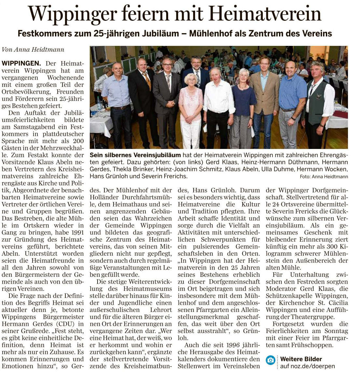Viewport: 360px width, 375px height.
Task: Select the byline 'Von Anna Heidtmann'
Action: (33, 50)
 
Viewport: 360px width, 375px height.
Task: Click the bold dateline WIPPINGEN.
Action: (21, 63)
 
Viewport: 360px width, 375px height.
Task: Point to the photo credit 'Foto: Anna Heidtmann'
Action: (324, 177)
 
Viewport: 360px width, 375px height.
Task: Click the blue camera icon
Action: (270, 360)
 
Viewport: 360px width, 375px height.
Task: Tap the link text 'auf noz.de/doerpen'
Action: (307, 366)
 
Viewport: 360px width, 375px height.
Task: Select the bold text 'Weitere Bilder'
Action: (301, 359)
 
